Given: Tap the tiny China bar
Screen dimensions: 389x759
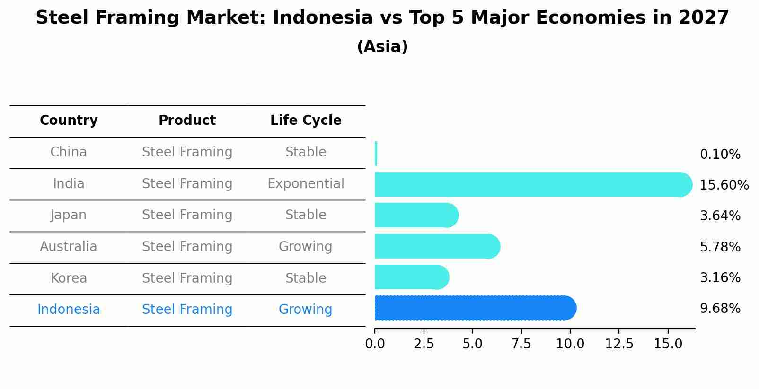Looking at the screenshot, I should point(376,154).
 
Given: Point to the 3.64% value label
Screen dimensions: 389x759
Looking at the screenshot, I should point(720,216).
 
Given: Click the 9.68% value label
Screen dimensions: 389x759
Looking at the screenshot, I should point(720,309).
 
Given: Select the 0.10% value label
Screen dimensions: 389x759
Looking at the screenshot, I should point(720,155).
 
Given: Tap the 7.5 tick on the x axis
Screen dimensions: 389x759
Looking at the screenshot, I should point(521,344).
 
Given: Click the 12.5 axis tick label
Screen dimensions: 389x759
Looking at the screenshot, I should point(619,344).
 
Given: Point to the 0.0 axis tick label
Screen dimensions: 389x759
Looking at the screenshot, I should point(375,344).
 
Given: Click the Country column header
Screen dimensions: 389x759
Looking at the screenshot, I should point(69,121).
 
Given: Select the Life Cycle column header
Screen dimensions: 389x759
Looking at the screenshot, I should point(306,121).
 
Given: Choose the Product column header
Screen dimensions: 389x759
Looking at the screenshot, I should point(187,121).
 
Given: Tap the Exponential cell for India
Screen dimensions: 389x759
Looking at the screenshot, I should point(306,184).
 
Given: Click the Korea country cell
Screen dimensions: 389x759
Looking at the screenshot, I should point(69,278).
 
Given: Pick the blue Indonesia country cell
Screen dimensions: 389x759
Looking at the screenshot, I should point(69,310).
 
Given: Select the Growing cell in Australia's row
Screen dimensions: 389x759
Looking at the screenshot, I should point(306,247).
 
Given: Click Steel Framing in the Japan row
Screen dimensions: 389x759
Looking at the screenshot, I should point(187,215).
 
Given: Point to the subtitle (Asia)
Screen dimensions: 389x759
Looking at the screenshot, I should point(382,47).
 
